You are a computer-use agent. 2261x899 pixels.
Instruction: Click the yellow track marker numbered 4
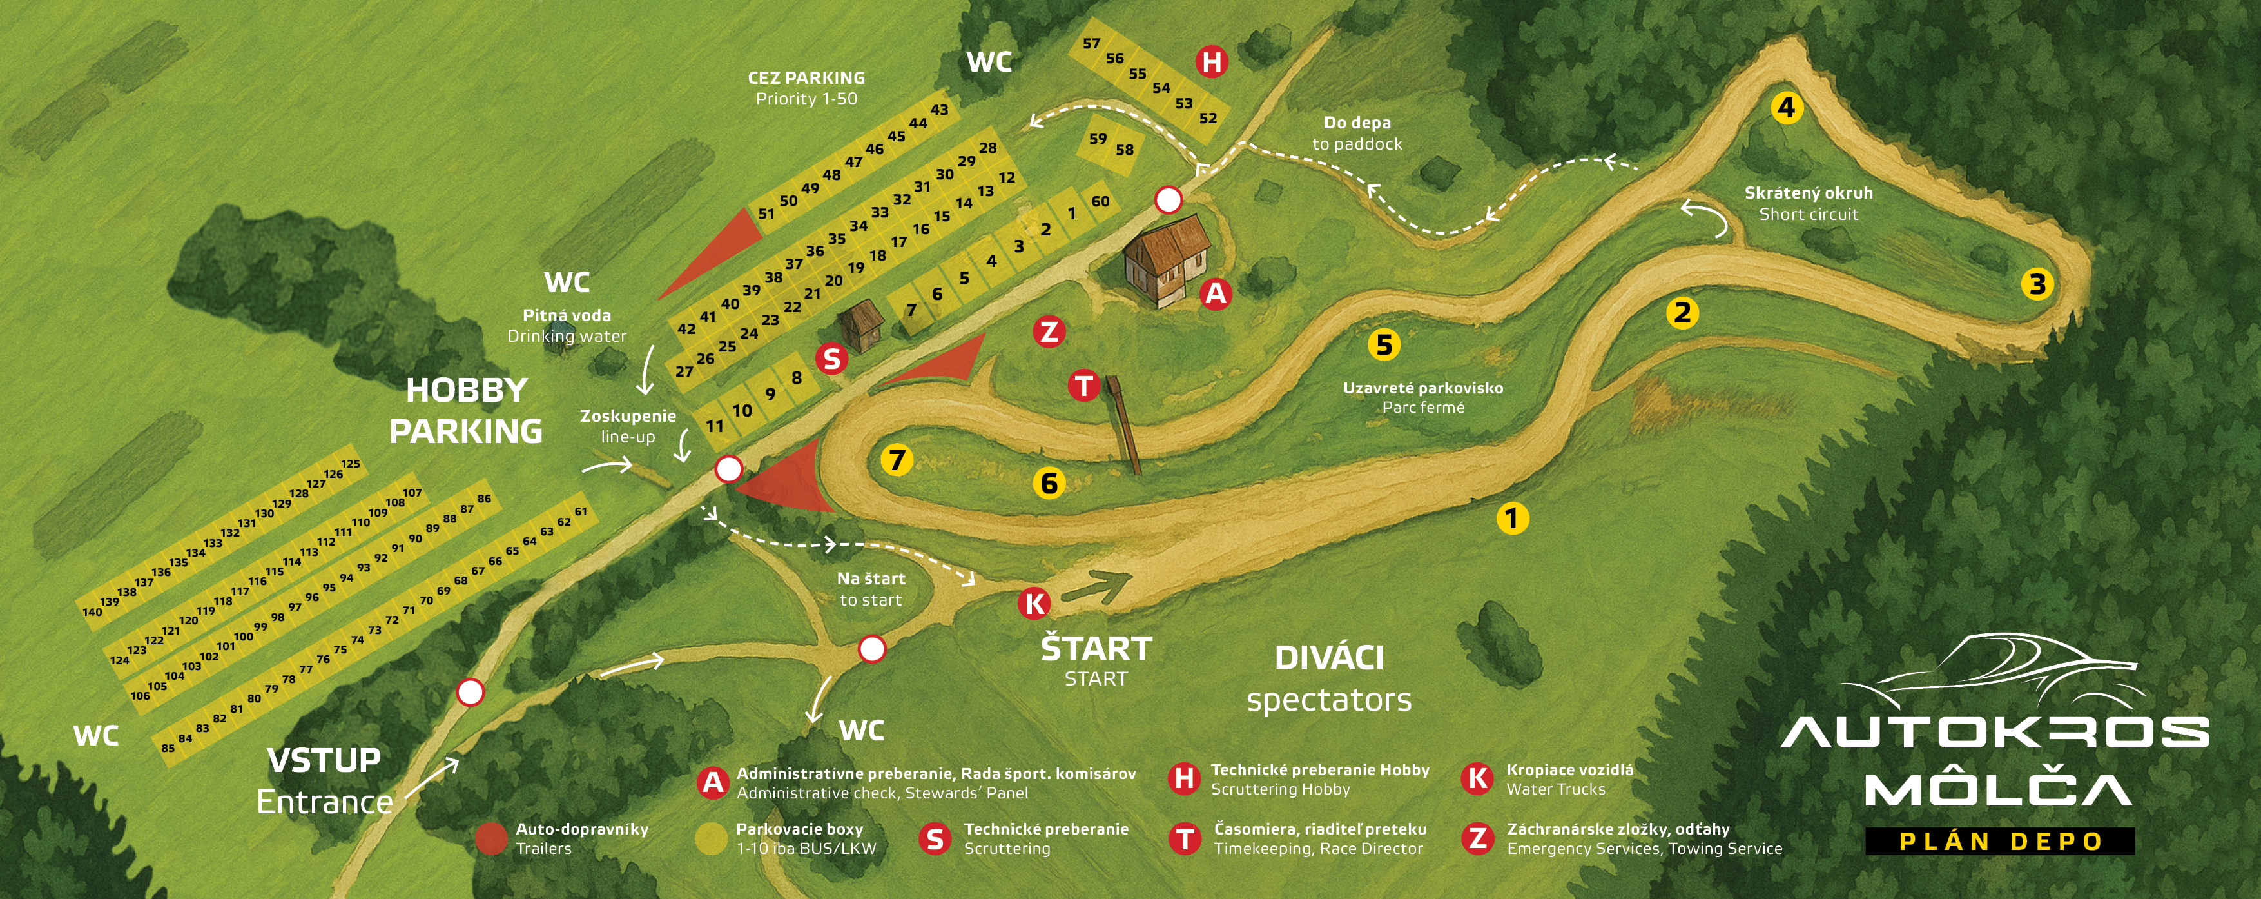[1786, 108]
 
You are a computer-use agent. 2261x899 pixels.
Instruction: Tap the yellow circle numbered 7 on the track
[896, 460]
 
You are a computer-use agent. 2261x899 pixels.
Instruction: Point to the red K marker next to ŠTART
[1035, 603]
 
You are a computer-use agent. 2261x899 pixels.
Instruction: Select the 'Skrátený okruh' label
[1808, 193]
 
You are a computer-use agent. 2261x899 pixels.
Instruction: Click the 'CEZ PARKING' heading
[806, 78]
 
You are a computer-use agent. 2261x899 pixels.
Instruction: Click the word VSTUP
[324, 760]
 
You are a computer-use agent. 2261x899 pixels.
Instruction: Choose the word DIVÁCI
[1329, 658]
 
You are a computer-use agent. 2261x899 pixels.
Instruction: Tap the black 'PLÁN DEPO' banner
[1999, 841]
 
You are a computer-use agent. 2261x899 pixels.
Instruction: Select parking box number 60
[1100, 201]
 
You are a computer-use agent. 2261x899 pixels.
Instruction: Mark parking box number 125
[350, 464]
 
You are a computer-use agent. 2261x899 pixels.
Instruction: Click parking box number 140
[92, 612]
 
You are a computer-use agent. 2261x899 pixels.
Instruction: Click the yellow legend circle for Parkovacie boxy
[711, 838]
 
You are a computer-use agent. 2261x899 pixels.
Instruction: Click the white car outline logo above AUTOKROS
[1992, 671]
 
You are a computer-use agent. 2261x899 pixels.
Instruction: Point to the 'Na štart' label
[871, 578]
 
